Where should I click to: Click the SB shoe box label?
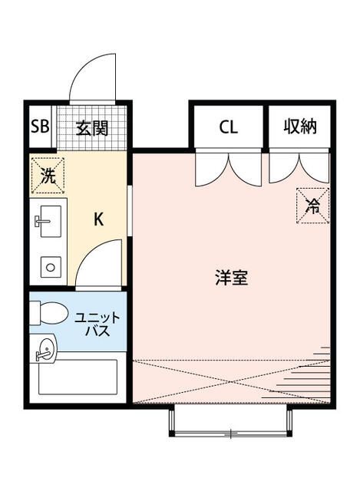tap(40, 127)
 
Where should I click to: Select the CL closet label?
tap(228, 127)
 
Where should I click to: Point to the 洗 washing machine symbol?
tap(48, 175)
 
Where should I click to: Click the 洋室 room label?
tap(231, 278)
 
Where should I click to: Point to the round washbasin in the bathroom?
tap(45, 349)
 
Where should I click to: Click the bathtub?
tap(77, 377)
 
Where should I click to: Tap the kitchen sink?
tap(48, 222)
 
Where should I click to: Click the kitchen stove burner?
tap(50, 267)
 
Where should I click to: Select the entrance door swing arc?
tap(96, 76)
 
